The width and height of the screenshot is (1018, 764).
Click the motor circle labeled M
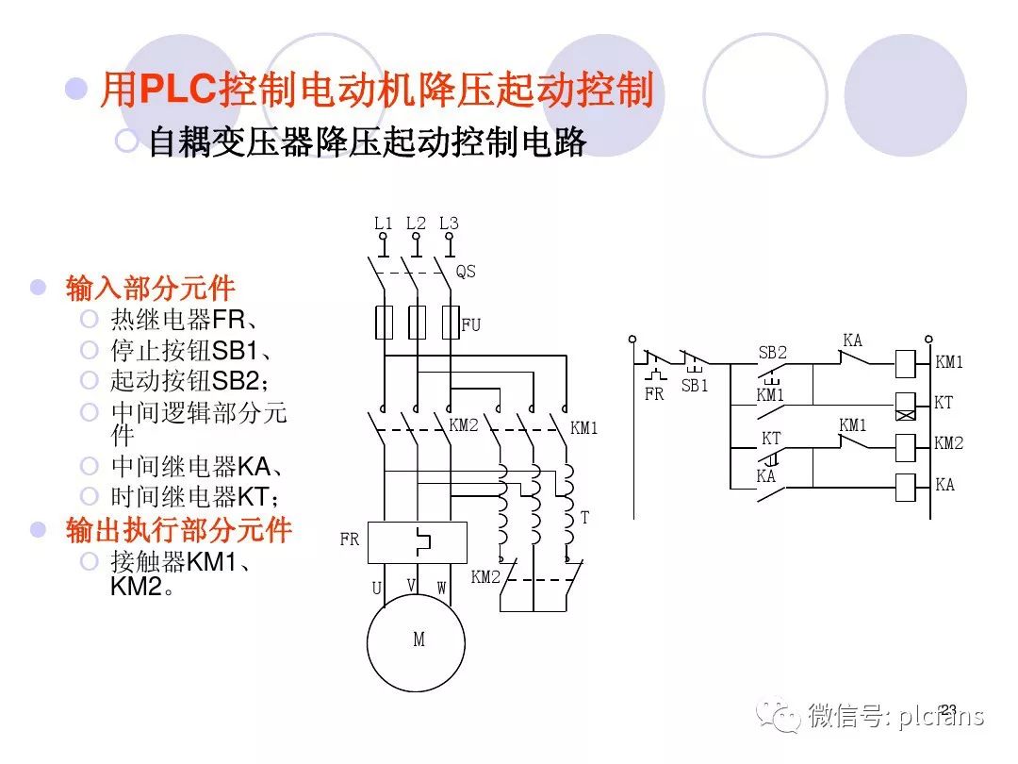tap(419, 640)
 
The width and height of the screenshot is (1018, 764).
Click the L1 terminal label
tap(383, 224)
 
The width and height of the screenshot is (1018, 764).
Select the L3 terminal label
tap(449, 224)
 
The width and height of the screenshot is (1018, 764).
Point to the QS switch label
tap(466, 272)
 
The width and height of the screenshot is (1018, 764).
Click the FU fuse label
tap(471, 324)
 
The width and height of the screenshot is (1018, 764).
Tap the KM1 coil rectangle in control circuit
tap(906, 361)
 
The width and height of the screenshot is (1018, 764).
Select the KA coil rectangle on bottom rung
tap(906, 486)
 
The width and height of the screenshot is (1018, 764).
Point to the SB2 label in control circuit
tap(772, 353)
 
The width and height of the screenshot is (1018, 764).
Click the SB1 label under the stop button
tap(695, 386)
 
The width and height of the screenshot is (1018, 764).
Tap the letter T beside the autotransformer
tap(584, 518)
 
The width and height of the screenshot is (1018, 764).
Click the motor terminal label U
tap(376, 589)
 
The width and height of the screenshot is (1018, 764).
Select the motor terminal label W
tap(441, 589)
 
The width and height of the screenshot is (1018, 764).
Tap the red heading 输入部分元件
tap(151, 288)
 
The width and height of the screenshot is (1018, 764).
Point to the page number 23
tap(948, 709)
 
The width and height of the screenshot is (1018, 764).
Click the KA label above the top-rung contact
tap(852, 340)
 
